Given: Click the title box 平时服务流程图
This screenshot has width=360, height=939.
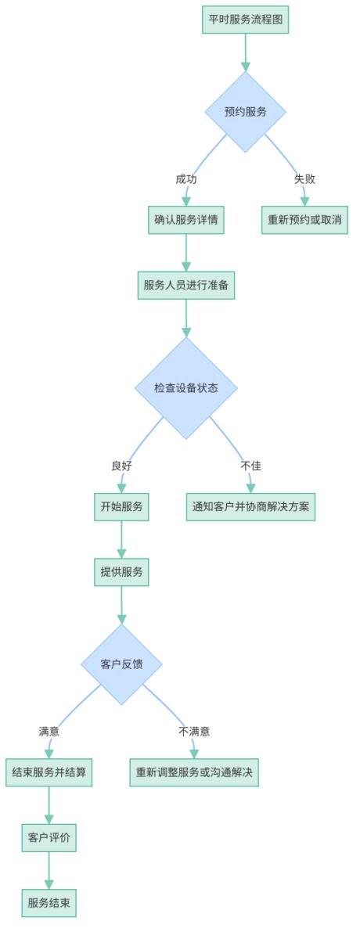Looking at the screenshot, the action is tap(245, 20).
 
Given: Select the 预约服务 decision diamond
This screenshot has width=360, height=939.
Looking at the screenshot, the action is tap(245, 112).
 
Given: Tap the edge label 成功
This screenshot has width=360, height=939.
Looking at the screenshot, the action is tap(186, 179).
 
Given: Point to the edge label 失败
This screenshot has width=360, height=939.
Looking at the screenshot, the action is tap(304, 179).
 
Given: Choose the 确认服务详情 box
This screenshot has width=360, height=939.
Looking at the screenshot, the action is tap(186, 220).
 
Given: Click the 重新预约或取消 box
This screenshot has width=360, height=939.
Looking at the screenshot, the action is tap(304, 220).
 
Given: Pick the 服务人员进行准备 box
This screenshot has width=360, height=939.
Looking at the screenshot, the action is tap(186, 285).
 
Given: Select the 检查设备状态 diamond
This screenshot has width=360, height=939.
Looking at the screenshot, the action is tap(186, 388).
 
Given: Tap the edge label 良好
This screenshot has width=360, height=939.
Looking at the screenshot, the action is tap(121, 466).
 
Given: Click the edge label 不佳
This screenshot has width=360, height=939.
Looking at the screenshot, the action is tap(250, 466).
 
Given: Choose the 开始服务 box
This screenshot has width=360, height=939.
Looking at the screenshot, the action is tap(121, 506).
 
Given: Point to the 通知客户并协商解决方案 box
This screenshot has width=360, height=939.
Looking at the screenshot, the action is tap(250, 506).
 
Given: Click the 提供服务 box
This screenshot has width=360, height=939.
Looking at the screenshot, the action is tap(121, 572).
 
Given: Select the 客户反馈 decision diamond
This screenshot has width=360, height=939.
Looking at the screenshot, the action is tap(121, 664).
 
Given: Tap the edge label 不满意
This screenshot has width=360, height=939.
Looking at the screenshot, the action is tap(194, 732).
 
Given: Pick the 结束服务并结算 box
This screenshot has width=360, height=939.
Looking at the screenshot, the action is tap(49, 772).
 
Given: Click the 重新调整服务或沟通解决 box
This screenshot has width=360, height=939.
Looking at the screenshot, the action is tap(194, 772).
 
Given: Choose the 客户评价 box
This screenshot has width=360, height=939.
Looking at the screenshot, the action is tap(49, 837).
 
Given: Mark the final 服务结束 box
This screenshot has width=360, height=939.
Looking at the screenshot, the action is tap(49, 903).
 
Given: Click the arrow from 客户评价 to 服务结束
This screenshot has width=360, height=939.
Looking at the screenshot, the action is tap(49, 870).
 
